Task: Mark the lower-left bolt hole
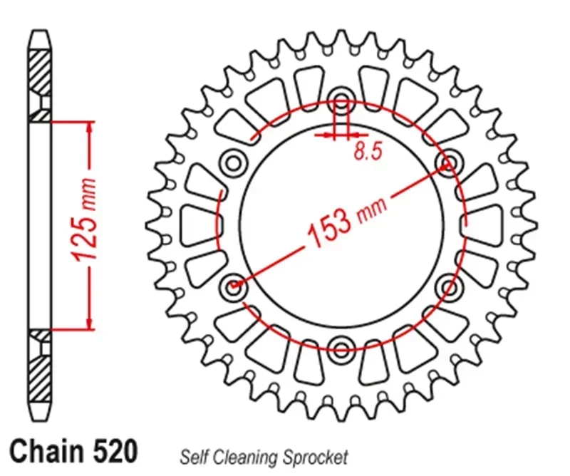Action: pos(233,286)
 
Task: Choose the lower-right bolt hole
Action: pos(449,286)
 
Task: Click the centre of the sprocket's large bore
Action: pos(341,224)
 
